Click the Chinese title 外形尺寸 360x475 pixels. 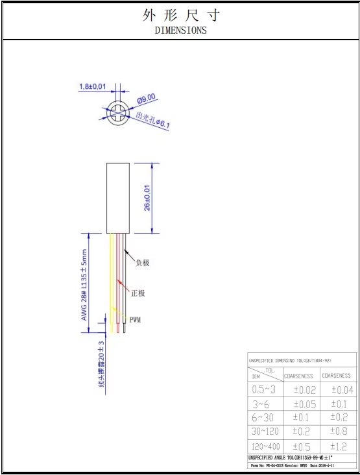point(180,16)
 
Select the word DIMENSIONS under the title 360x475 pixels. point(180,30)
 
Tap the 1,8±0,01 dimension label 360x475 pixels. point(93,86)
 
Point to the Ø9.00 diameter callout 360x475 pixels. point(147,98)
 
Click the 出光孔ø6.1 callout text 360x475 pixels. point(152,121)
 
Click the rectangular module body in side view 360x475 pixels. point(119,197)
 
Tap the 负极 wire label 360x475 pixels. point(142,263)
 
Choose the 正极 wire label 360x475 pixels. point(138,293)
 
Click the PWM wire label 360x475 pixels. point(135,320)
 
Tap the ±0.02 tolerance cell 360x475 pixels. point(304,390)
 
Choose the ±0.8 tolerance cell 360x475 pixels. point(340,431)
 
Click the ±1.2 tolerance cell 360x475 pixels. point(340,446)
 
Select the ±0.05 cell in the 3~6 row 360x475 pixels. point(304,404)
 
